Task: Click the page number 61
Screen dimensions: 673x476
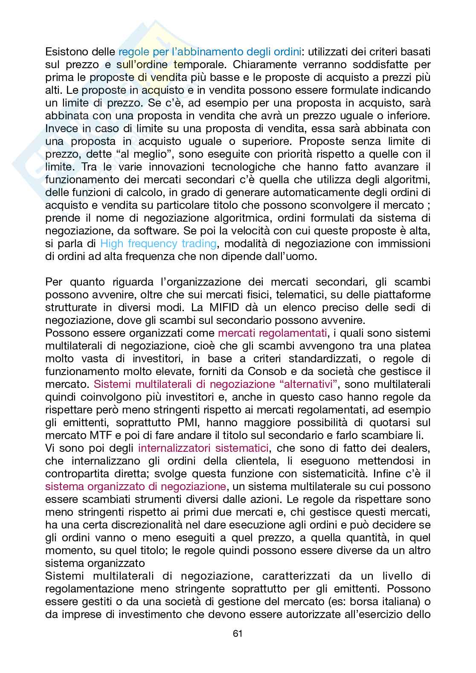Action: (x=238, y=633)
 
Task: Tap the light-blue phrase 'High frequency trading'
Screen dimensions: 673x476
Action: (x=158, y=244)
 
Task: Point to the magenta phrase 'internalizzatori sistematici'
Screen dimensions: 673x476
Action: (x=203, y=448)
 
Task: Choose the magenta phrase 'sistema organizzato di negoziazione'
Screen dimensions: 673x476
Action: (x=135, y=486)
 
